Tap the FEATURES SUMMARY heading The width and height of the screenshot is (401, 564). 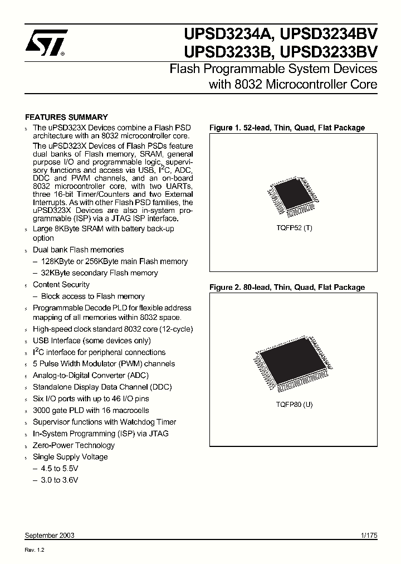(x=67, y=117)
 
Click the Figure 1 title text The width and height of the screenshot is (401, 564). (x=287, y=128)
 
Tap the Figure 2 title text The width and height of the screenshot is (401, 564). (x=287, y=288)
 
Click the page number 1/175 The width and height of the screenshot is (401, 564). (x=369, y=535)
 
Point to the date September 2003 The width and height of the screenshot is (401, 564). (x=50, y=535)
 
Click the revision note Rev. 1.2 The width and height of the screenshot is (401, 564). (x=35, y=550)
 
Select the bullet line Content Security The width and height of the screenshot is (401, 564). (x=61, y=285)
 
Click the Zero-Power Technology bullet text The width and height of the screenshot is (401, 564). (x=74, y=445)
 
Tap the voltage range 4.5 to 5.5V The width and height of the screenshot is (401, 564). (x=60, y=468)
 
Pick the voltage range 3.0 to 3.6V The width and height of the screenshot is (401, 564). (x=60, y=480)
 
